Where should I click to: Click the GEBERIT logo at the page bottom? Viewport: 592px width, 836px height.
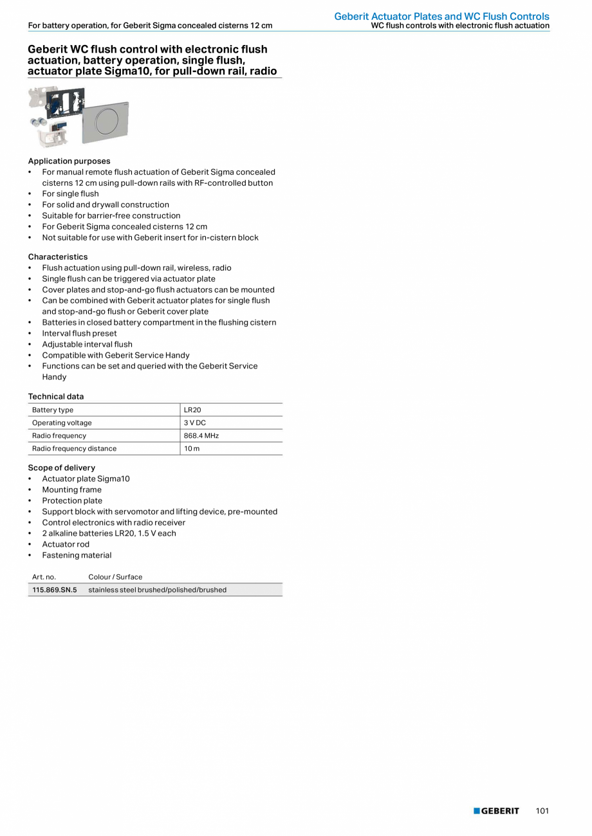496,811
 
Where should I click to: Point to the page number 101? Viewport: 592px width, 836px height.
542,811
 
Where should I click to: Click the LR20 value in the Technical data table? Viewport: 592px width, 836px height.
192,410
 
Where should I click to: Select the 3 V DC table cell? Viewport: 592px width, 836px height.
193,423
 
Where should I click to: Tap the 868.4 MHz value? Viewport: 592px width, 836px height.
201,435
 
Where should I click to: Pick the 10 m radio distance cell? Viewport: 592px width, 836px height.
192,448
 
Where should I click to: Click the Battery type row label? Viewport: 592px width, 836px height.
53,410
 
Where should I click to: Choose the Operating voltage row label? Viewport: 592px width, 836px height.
62,423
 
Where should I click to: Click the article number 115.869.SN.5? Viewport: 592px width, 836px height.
55,590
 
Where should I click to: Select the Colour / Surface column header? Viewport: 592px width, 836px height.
115,577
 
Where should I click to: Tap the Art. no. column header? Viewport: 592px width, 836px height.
44,577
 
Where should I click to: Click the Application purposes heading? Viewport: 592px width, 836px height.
69,161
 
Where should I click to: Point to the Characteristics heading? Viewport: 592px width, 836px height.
58,257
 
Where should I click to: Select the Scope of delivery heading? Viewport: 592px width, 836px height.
61,468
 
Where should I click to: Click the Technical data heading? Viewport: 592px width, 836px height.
56,396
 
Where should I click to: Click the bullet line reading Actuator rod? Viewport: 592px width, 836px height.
66,544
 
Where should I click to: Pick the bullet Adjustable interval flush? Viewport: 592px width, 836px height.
87,344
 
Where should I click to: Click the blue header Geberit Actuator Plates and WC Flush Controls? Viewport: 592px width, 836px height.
441,16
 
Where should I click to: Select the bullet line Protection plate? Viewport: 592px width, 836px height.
72,500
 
